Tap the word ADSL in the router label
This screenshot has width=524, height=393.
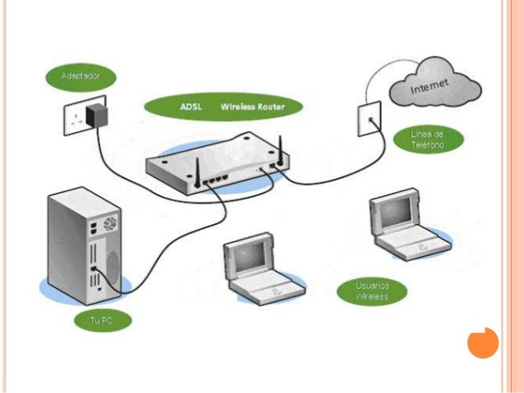(x=193, y=107)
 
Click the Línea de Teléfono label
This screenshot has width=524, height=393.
(x=427, y=139)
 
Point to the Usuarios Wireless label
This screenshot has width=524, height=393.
(x=372, y=291)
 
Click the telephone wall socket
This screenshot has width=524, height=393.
(x=369, y=120)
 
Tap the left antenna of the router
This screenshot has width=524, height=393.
(x=198, y=168)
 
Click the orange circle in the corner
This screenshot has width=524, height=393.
(x=483, y=342)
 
